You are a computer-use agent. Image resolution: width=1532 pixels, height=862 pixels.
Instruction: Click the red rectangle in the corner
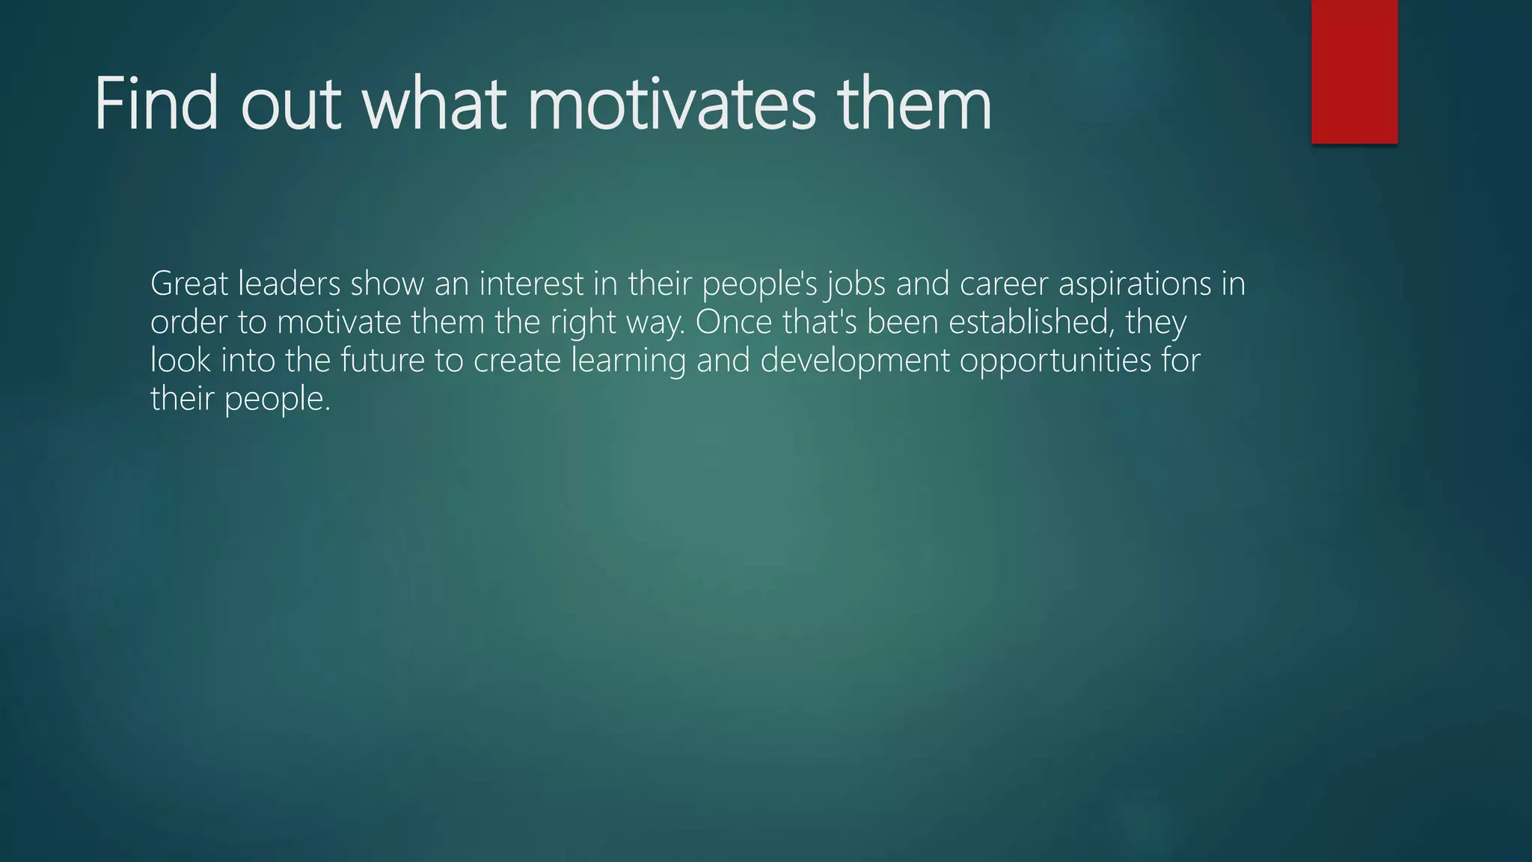tap(1354, 71)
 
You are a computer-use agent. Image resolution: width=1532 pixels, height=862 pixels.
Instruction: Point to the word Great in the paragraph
tap(189, 284)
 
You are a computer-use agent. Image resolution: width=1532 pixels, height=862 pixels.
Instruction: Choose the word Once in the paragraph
tap(733, 323)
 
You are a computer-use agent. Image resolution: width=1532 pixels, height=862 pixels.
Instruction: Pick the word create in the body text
tap(517, 361)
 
